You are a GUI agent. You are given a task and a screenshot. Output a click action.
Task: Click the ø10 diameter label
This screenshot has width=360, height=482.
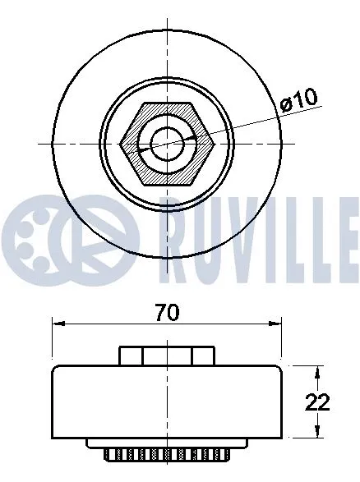click(298, 99)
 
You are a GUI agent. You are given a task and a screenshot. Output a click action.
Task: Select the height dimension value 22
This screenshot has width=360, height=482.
click(318, 402)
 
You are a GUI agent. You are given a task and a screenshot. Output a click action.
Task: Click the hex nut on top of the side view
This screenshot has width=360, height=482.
click(168, 356)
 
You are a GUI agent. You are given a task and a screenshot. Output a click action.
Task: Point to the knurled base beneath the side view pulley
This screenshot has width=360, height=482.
click(168, 452)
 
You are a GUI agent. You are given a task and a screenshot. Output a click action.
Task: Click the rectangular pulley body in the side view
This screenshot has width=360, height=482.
click(168, 402)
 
